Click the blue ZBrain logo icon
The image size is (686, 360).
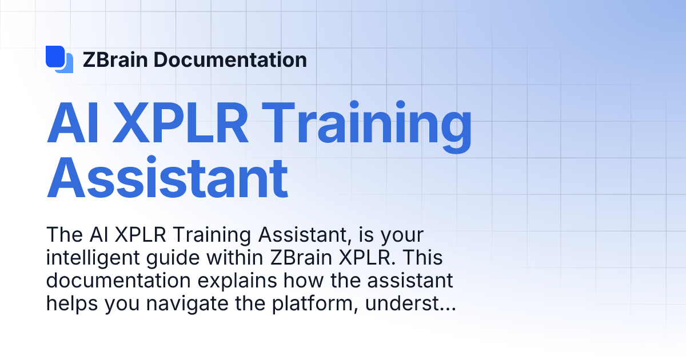(x=59, y=59)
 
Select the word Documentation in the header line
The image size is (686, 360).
(x=230, y=59)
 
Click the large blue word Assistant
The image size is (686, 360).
(x=167, y=178)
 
